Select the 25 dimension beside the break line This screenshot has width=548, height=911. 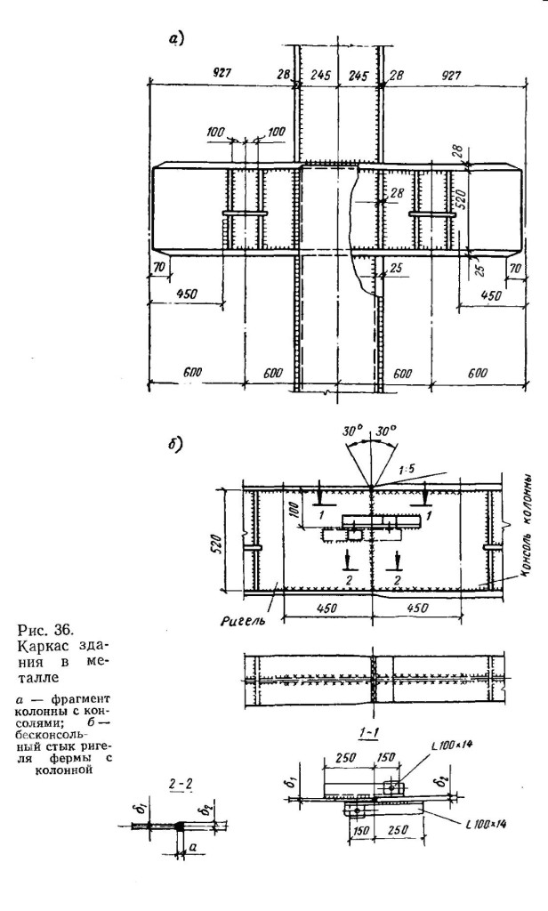398,270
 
